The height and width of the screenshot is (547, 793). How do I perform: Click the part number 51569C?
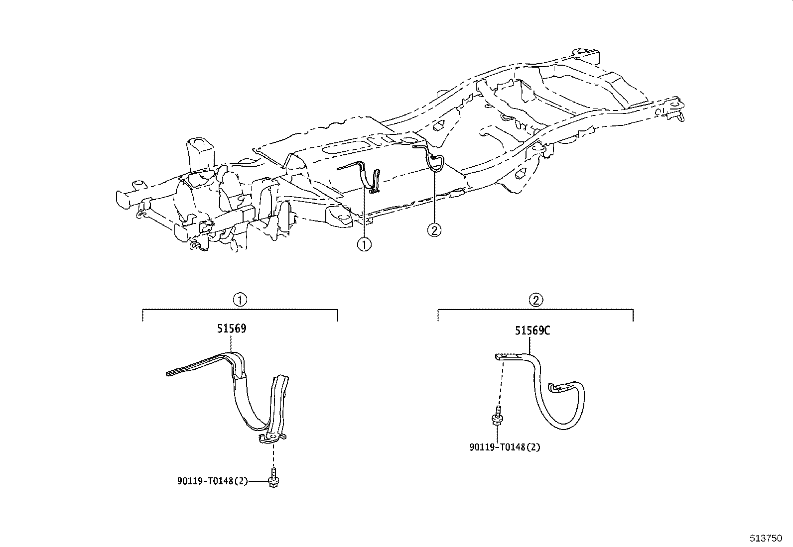[532, 331]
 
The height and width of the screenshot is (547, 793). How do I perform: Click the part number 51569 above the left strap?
[232, 328]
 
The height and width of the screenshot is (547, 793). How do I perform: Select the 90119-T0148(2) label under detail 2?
[505, 447]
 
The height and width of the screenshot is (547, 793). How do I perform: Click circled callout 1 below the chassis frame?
[365, 244]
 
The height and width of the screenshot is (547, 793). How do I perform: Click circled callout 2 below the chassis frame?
[434, 229]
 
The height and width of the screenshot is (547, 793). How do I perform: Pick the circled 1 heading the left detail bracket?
[240, 300]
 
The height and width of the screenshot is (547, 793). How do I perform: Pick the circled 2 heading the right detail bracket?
[535, 300]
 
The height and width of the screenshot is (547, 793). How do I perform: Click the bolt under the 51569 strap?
[273, 478]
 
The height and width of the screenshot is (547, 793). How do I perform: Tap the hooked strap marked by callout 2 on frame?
[434, 162]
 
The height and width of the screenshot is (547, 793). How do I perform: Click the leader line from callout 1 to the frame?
[365, 214]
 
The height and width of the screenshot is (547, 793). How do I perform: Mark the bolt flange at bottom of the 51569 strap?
[271, 438]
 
